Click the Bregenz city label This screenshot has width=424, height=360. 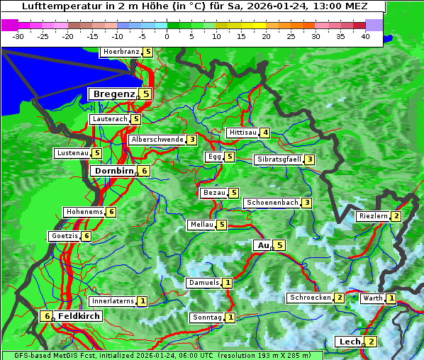[113, 94]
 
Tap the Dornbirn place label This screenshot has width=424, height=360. [113, 171]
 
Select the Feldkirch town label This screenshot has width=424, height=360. [79, 316]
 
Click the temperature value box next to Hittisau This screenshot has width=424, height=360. [264, 133]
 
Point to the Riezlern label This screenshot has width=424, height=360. [373, 216]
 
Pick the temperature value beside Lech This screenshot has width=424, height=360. [371, 342]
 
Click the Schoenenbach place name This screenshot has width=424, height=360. [272, 203]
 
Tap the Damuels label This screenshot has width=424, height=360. [203, 283]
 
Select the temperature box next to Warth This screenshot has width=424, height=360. [391, 298]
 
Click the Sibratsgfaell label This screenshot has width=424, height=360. [279, 159]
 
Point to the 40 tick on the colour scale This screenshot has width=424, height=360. [365, 36]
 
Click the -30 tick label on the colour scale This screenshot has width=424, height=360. [19, 36]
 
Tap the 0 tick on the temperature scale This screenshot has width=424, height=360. [167, 36]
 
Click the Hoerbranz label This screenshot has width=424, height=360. [121, 52]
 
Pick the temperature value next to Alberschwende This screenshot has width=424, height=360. [191, 140]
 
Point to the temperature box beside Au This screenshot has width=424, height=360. [280, 245]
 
